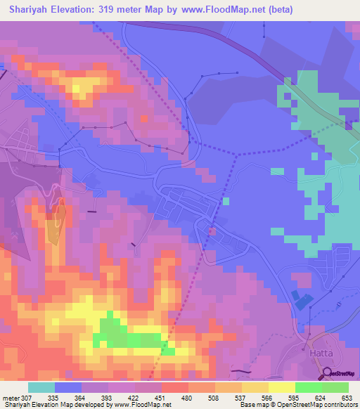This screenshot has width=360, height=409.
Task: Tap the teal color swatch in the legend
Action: tap(41, 387)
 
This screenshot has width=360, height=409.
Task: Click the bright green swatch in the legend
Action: tap(309, 387)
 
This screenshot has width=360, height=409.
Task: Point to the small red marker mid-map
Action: tap(212, 230)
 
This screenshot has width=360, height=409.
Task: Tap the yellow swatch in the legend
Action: tap(269, 387)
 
